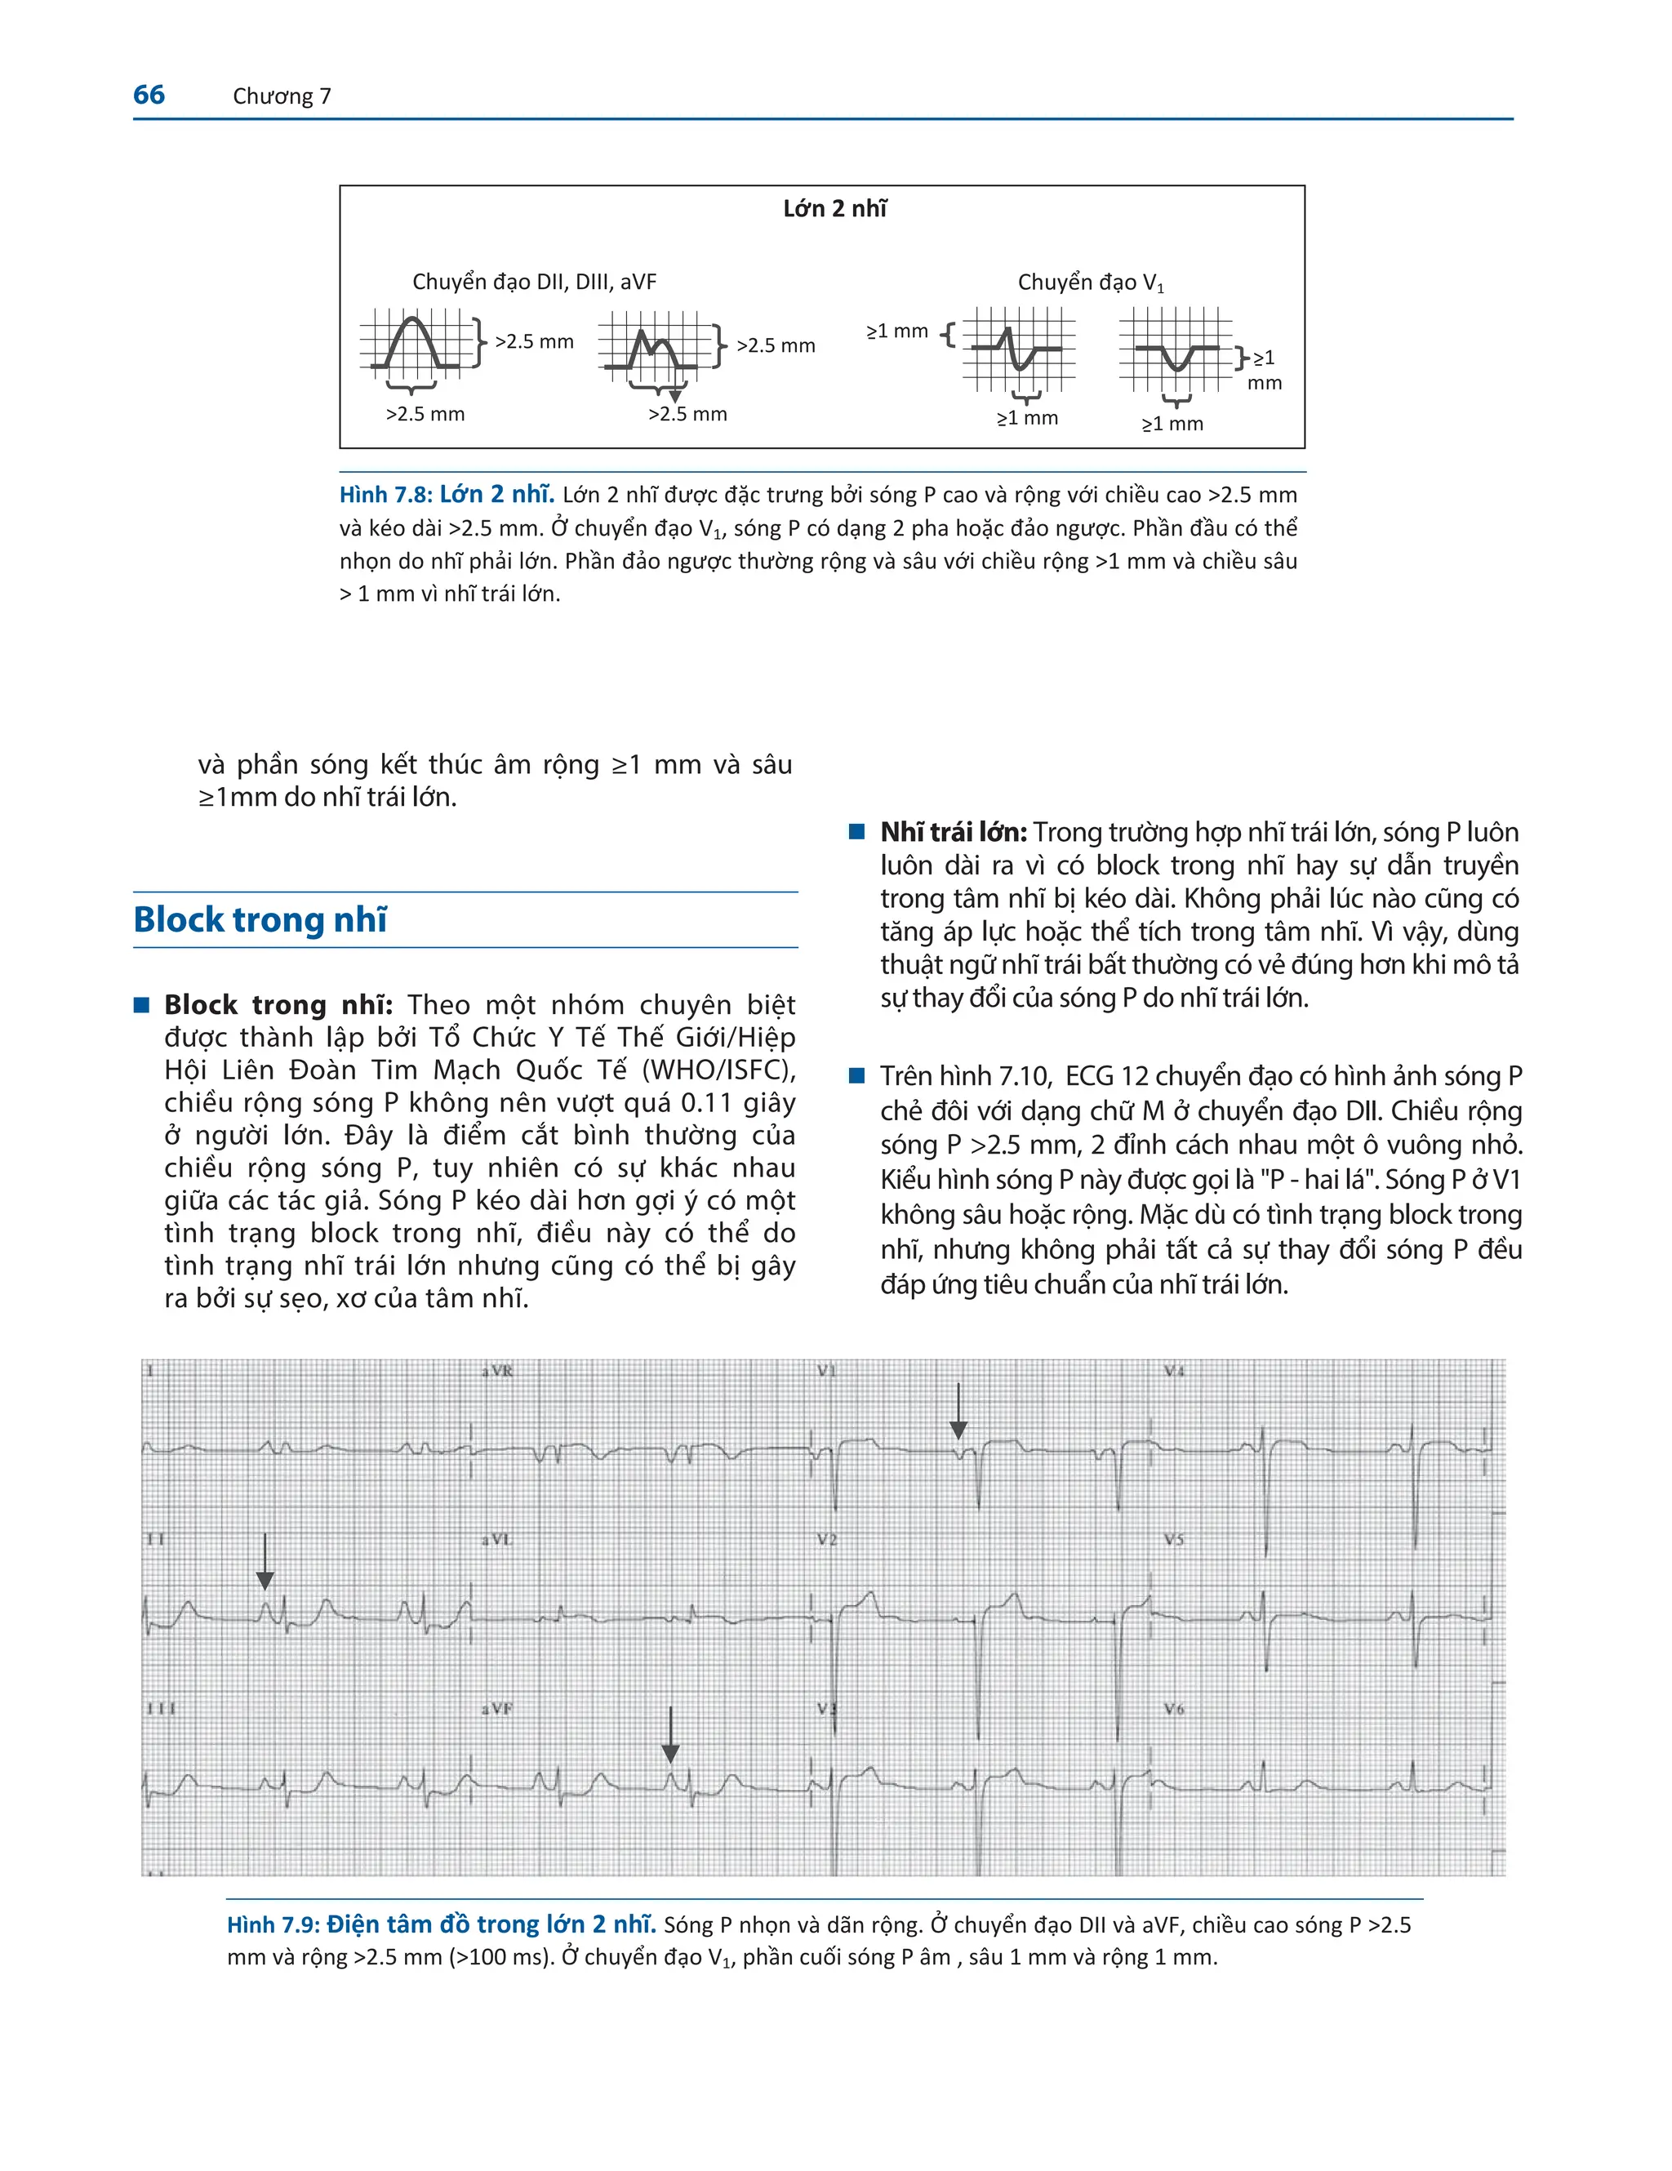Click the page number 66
[149, 95]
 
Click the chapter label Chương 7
[282, 96]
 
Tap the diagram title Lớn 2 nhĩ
[834, 209]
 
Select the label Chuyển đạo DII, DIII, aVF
[534, 282]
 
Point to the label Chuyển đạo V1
[1089, 283]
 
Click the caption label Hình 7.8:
[385, 495]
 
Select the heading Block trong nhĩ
[260, 919]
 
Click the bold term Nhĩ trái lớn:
[952, 832]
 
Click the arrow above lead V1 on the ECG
[958, 1409]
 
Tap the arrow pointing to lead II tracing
[265, 1559]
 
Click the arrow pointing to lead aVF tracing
[670, 1735]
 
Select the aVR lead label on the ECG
[497, 1372]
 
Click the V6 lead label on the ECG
[1174, 1709]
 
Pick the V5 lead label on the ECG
[1174, 1540]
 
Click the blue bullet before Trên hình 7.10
[857, 1075]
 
